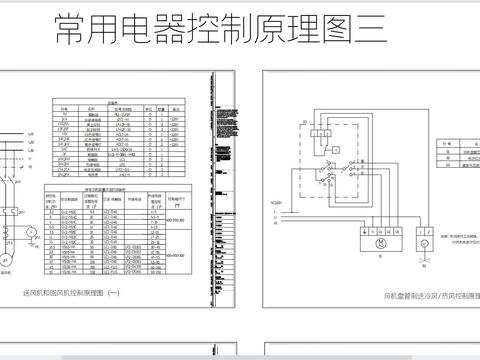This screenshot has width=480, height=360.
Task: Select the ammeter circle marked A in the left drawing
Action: click(31, 231)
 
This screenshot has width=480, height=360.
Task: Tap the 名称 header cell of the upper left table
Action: click(91, 107)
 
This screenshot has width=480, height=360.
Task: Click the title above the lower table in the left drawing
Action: click(119, 187)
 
